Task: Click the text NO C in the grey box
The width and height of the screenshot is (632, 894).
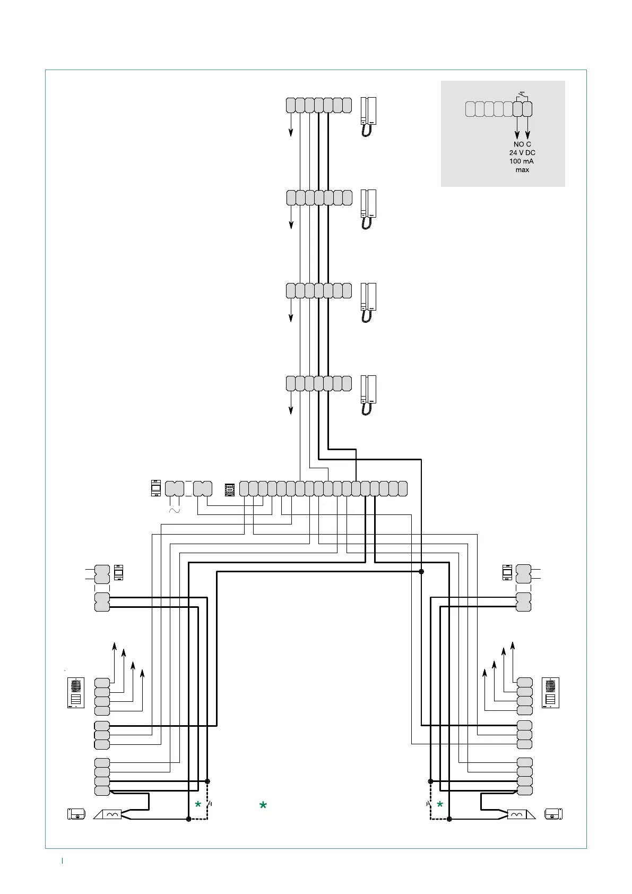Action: pos(522,144)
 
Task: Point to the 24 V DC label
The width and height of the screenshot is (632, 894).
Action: pos(522,153)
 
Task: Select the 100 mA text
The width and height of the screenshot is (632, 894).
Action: pos(522,161)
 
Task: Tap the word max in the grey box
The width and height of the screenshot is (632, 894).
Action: pos(522,170)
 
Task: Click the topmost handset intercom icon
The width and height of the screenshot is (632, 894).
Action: pos(369,117)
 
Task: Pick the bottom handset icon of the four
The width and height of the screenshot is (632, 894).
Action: pos(369,395)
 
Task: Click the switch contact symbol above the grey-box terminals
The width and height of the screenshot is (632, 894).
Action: pos(522,96)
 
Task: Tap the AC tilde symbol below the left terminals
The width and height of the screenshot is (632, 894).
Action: pos(174,510)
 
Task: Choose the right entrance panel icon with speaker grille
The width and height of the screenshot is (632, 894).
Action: pos(551,693)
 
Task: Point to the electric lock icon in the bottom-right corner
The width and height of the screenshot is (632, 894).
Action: pos(553,814)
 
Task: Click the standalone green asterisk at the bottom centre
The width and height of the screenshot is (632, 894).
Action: pos(263,806)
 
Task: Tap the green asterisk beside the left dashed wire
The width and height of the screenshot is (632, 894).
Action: pos(198,805)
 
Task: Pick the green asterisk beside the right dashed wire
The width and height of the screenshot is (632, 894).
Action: pos(440,805)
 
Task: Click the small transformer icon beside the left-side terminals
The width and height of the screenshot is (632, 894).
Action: pos(118,573)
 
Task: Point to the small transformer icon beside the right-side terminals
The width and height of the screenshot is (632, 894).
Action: pos(507,573)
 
